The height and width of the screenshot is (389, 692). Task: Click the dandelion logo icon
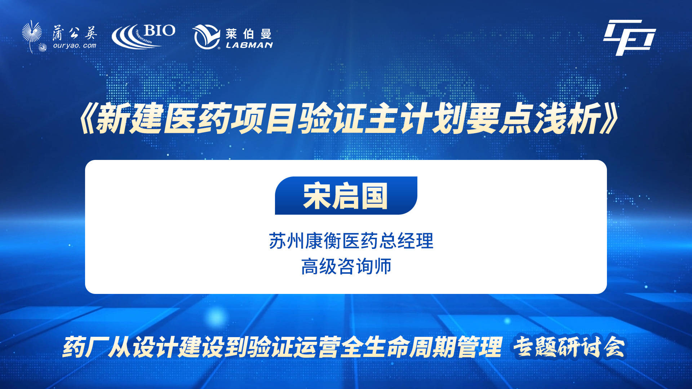pos(33,36)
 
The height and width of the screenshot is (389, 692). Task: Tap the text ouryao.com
pos(75,46)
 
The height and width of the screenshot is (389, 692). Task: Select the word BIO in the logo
pos(159,31)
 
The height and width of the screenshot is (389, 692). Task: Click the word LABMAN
pos(249,45)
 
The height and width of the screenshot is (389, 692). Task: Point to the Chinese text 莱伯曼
pos(249,34)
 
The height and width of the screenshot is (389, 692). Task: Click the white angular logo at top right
pos(629,37)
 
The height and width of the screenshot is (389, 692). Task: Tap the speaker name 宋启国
pos(346,196)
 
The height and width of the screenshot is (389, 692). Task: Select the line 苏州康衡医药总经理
pos(351,241)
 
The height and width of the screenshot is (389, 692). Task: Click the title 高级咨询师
pos(346,267)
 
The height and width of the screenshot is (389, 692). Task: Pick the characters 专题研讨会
pos(569,347)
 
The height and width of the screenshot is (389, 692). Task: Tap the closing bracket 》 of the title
pos(610,119)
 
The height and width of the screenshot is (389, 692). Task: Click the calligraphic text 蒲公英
pos(75,33)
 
